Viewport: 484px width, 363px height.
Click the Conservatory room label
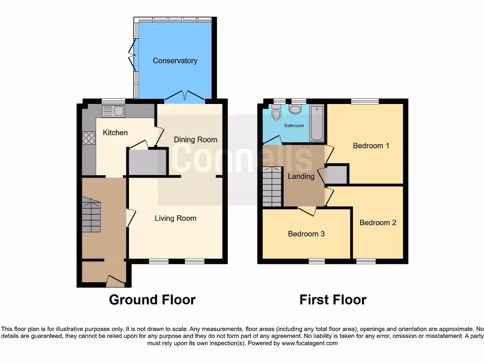[x=175, y=60]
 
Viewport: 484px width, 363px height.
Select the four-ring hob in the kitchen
[x=88, y=138]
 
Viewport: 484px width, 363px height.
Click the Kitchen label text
[x=115, y=132]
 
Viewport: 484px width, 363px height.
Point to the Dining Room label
[x=195, y=139]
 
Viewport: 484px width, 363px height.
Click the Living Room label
[x=175, y=218]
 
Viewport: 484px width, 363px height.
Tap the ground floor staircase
[x=91, y=215]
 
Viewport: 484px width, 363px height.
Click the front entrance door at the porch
[x=115, y=282]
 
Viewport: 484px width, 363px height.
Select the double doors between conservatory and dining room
[x=184, y=97]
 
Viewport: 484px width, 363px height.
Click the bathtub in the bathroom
[x=317, y=123]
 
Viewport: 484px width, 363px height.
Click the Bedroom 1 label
[x=371, y=146]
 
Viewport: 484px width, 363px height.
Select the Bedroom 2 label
[x=378, y=223]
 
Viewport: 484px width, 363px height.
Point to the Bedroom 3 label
[x=306, y=233]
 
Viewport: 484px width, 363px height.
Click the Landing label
[x=301, y=176]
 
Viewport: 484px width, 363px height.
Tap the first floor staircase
[x=272, y=186]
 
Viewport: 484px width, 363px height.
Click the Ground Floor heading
[x=152, y=300]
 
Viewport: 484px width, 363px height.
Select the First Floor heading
[x=333, y=300]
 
